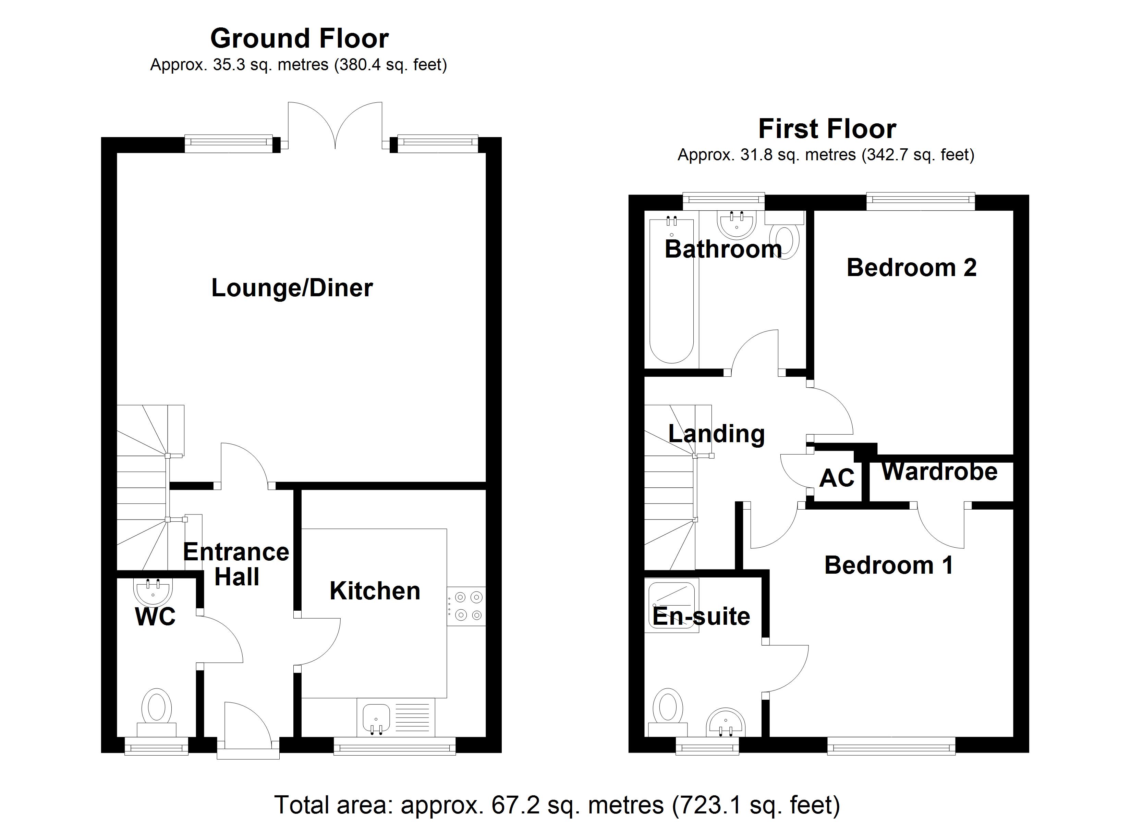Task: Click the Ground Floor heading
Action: (299, 39)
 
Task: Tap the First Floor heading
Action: (827, 129)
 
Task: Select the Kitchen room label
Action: (375, 591)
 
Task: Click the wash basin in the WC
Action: (153, 591)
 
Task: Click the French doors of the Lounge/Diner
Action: (335, 125)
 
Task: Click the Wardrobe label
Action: (939, 472)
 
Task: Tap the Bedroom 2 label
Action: (911, 268)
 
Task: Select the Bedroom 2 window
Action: (920, 200)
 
